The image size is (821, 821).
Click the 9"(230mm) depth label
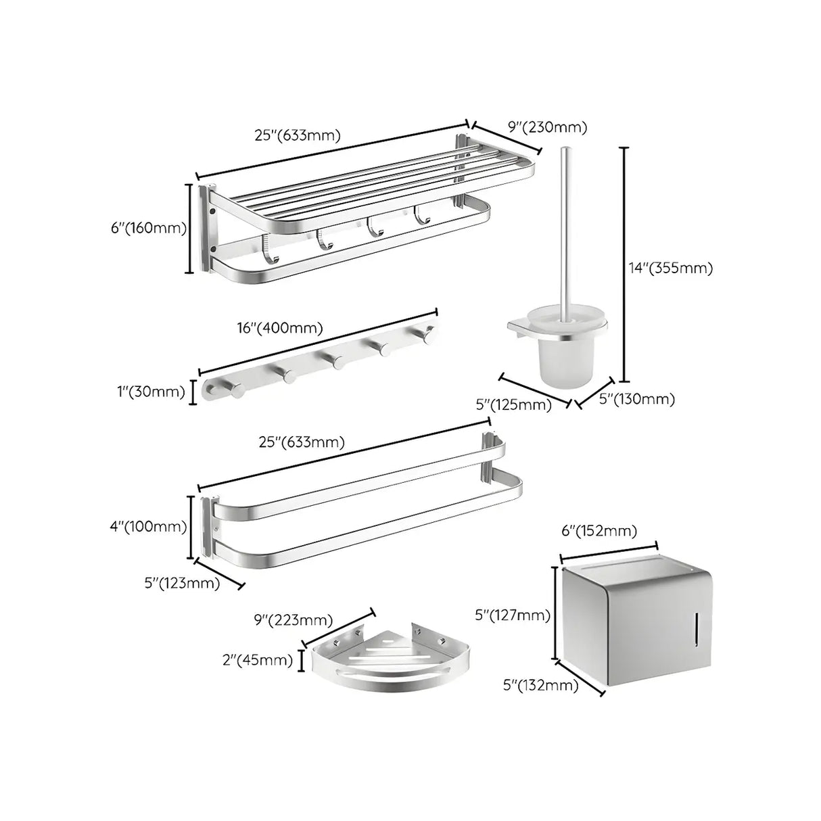pyautogui.click(x=547, y=126)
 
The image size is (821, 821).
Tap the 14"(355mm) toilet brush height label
pyautogui.click(x=671, y=268)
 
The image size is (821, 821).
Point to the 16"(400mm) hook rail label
pyautogui.click(x=279, y=328)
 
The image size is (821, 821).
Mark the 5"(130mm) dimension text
pyautogui.click(x=637, y=399)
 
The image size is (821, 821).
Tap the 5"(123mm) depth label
pyautogui.click(x=182, y=583)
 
